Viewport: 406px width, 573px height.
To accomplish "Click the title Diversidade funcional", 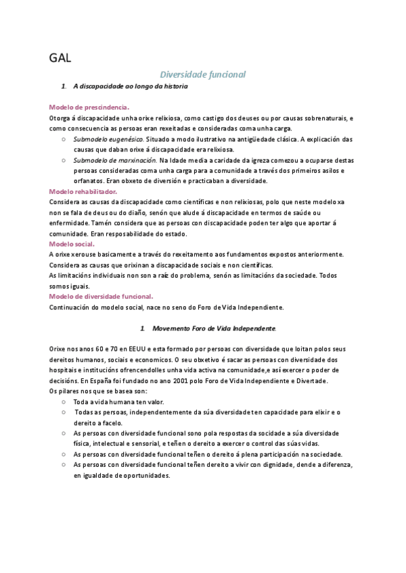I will coord(202,74).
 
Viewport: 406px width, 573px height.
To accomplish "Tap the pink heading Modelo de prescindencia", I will coord(89,107).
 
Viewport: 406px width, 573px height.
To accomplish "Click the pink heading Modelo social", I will coord(72,243).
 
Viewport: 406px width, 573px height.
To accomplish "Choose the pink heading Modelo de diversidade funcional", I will coord(101,296).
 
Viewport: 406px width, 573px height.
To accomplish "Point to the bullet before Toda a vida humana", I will coord(63,401).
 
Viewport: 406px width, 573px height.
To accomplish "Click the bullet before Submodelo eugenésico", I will coord(63,139).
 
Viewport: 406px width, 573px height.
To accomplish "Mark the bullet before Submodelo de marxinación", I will coord(63,160).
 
